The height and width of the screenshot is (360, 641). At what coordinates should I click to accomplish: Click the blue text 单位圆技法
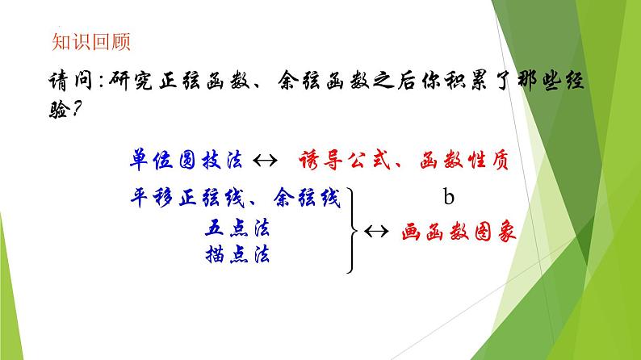[185, 159]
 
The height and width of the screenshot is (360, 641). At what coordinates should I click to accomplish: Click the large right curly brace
[354, 230]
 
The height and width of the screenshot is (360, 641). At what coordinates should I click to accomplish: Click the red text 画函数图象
[459, 231]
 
